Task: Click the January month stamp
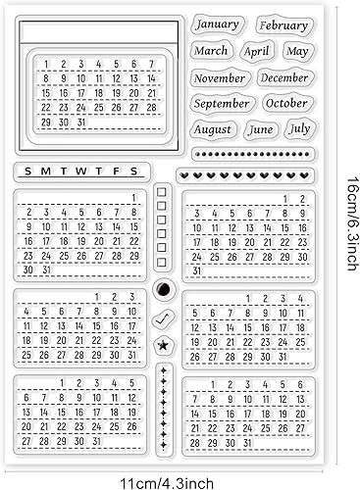tap(218, 24)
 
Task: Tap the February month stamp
tap(283, 26)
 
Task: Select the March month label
tap(211, 50)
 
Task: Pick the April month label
tap(257, 51)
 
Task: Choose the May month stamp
tap(297, 51)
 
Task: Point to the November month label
tap(220, 77)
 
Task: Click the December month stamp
tap(284, 77)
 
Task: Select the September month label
tap(223, 103)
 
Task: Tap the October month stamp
tap(286, 103)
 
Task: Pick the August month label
tap(213, 128)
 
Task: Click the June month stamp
tap(261, 128)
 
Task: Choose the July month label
tap(299, 128)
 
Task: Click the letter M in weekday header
tap(46, 171)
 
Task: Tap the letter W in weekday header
tap(81, 171)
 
